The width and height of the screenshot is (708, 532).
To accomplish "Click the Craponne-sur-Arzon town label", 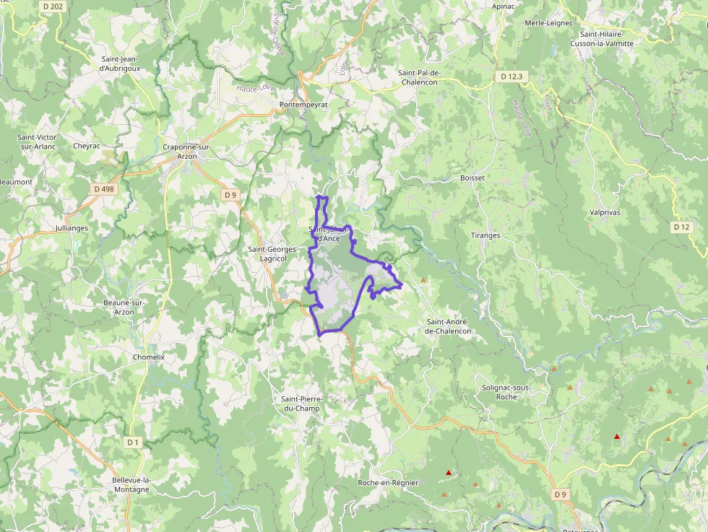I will pos(186,152).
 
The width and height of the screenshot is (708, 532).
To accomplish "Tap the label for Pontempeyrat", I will pos(303,105).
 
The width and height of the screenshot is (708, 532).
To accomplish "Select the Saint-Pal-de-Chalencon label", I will pos(428,77).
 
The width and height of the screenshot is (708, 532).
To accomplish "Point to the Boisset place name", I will pos(472,178).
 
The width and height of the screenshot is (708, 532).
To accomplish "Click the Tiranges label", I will pos(485,235).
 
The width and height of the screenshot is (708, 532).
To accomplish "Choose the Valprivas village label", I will pos(605,213).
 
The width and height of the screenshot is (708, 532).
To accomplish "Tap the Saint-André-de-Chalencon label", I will pos(448,326).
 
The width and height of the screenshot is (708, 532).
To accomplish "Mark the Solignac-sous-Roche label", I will pos(506,392).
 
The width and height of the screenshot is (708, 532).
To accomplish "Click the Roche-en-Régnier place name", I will pos(388,482).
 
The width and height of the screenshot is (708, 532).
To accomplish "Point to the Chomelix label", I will pos(149,357).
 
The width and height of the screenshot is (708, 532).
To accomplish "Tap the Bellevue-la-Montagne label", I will pos(131,484).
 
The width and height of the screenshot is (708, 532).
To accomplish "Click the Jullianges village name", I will pos(72,228).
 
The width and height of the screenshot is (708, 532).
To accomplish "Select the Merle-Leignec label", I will pos(548,23).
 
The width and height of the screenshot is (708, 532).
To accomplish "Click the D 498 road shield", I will pos(104,189).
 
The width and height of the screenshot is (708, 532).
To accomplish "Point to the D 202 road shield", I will pos(53,6).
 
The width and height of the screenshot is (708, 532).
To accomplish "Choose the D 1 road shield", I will pos(133,442).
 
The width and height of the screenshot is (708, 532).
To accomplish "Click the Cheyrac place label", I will pos(87,145).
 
